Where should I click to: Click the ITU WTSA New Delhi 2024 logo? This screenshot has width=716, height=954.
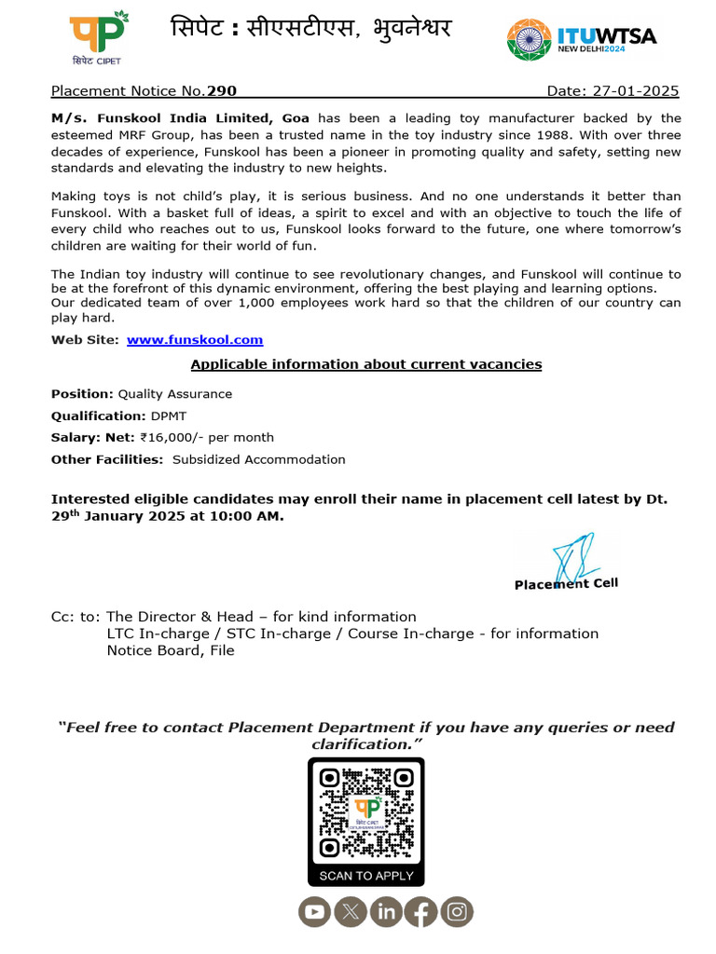pyautogui.click(x=582, y=39)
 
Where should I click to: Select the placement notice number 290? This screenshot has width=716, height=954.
pyautogui.click(x=222, y=91)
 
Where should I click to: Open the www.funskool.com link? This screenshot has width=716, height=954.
pyautogui.click(x=195, y=340)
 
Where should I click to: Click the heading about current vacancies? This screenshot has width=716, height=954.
pyautogui.click(x=365, y=364)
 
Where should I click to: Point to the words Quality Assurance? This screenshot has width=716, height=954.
pyautogui.click(x=174, y=394)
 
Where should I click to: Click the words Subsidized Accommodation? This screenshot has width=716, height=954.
pyautogui.click(x=258, y=459)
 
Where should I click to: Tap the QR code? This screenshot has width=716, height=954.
pyautogui.click(x=365, y=811)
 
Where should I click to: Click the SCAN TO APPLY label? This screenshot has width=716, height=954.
pyautogui.click(x=365, y=876)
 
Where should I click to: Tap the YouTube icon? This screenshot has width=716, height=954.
pyautogui.click(x=315, y=913)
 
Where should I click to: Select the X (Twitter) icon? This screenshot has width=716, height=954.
pyautogui.click(x=350, y=913)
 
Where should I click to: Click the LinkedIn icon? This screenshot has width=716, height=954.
pyautogui.click(x=385, y=913)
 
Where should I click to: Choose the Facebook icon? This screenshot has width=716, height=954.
pyautogui.click(x=420, y=913)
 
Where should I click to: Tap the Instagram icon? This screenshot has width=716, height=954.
pyautogui.click(x=456, y=913)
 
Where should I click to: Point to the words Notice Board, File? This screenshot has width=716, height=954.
pyautogui.click(x=171, y=650)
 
